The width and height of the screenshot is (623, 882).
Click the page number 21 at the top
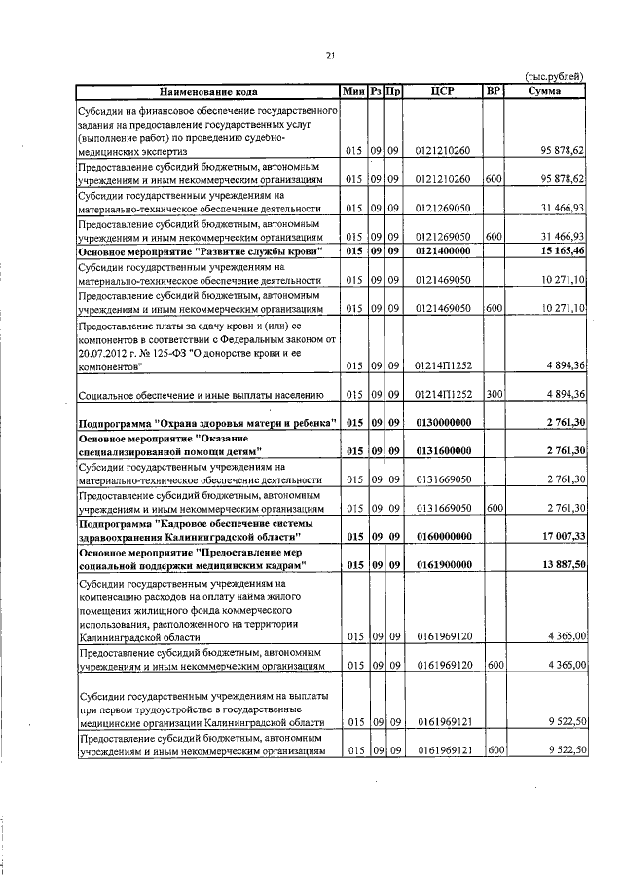[x=331, y=56]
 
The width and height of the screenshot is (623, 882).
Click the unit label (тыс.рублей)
[x=555, y=76]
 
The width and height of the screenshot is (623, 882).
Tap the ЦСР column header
[x=442, y=91]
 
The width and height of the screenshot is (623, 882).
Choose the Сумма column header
[x=542, y=91]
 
